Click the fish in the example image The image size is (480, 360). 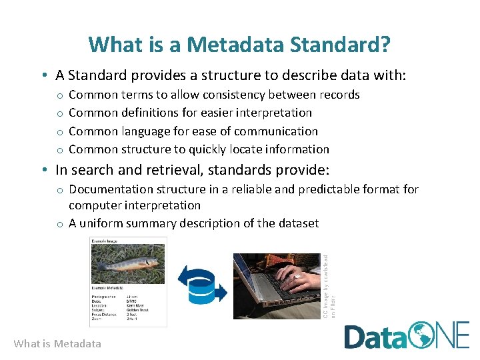click(127, 265)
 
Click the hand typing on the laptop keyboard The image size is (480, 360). click(297, 277)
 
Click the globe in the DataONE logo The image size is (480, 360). click(421, 335)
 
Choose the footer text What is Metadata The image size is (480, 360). click(57, 344)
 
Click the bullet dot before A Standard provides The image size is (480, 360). click(43, 75)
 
